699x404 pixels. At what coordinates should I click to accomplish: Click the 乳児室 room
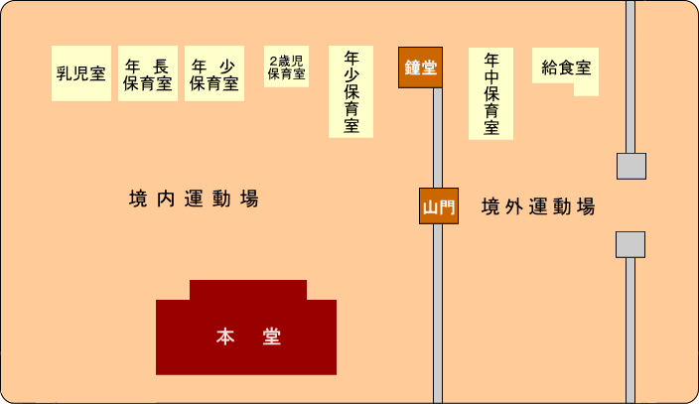click(x=81, y=73)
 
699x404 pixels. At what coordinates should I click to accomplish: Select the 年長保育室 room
click(x=148, y=73)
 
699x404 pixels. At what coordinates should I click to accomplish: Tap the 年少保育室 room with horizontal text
click(x=214, y=73)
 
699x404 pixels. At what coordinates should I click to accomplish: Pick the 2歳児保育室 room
click(x=286, y=66)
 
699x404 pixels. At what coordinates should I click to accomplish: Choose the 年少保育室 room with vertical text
click(x=350, y=91)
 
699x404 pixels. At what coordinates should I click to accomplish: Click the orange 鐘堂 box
click(x=420, y=67)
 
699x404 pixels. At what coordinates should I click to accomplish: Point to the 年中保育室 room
click(x=490, y=93)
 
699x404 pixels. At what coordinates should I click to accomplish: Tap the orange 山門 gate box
click(x=439, y=206)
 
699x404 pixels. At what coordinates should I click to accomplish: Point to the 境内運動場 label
click(x=194, y=199)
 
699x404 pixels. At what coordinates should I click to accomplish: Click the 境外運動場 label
click(x=538, y=206)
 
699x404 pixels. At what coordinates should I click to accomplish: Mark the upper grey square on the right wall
click(x=631, y=167)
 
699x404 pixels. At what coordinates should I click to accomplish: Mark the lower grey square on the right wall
click(x=630, y=244)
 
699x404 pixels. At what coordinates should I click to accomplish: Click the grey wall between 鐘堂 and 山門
click(x=438, y=138)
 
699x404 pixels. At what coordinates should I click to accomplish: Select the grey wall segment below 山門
click(x=438, y=314)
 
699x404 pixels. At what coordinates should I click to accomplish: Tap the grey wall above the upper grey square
click(x=630, y=76)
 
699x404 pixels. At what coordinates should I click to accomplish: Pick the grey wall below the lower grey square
click(x=630, y=331)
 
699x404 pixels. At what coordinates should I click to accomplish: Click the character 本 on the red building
click(x=225, y=337)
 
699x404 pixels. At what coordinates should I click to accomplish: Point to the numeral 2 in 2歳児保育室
click(x=273, y=61)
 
